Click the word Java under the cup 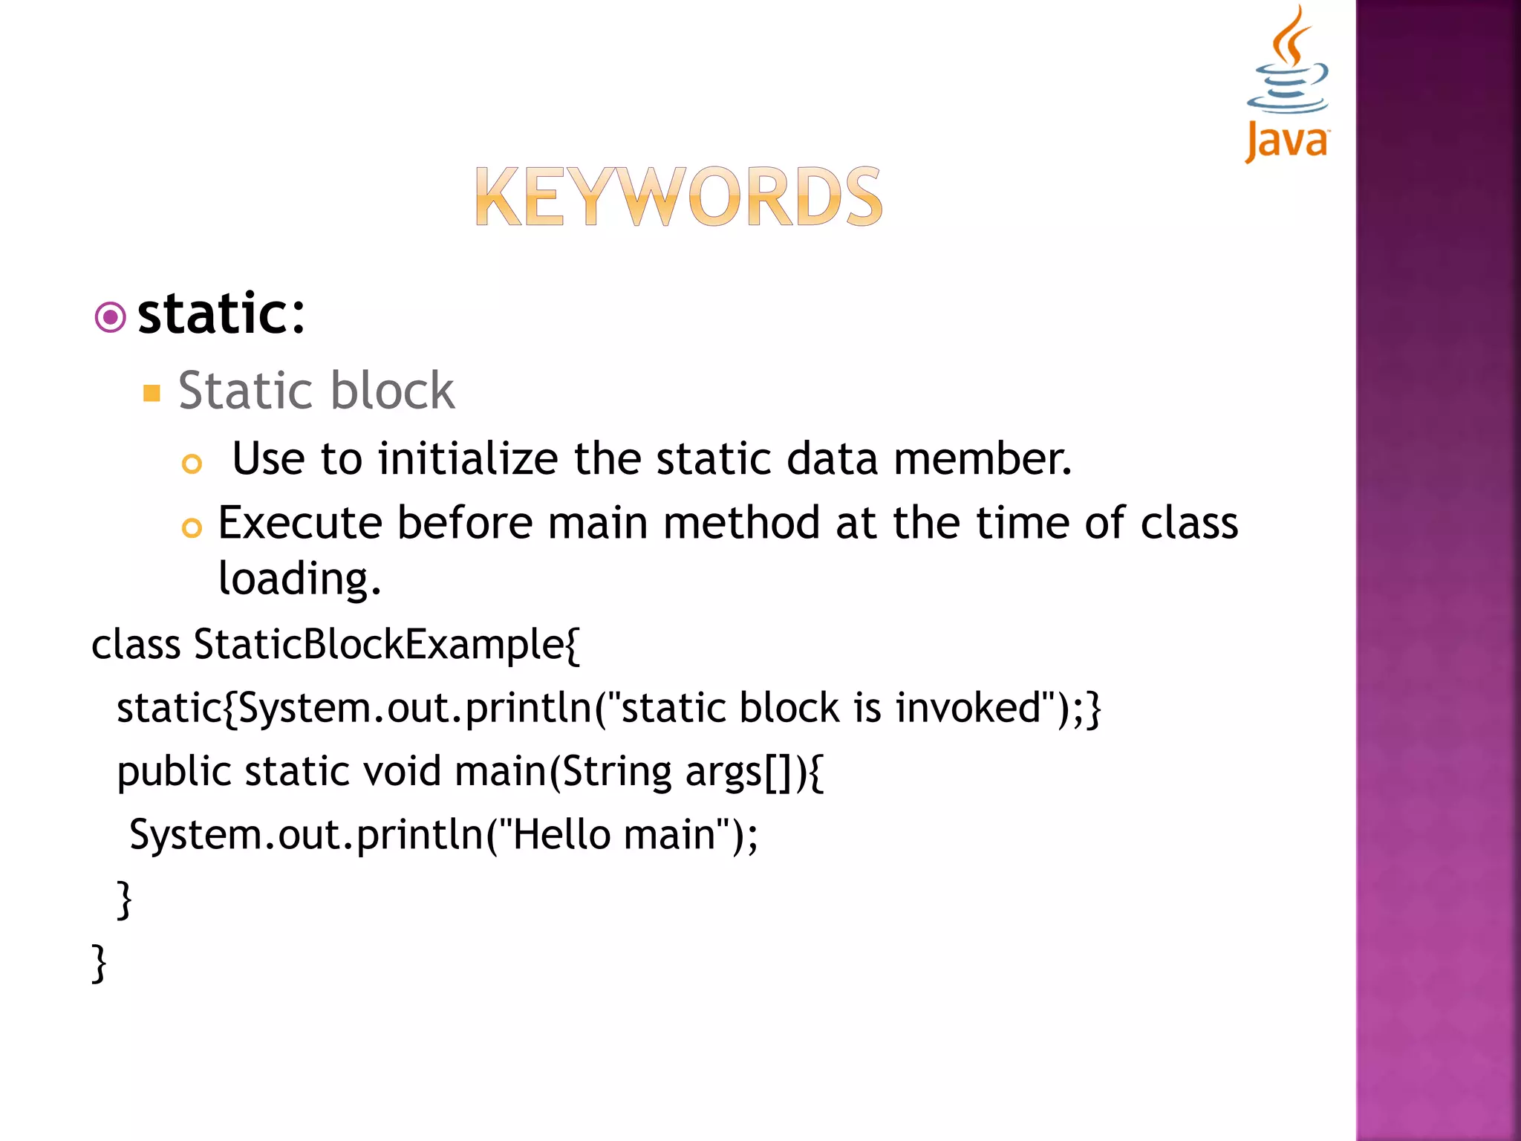point(1287,141)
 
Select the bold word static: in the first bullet point(221,315)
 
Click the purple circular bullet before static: point(111,318)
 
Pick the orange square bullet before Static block point(152,393)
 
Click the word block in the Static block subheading point(392,391)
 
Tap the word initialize point(468,458)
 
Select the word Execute point(301,523)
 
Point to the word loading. point(299,579)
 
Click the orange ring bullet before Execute point(192,528)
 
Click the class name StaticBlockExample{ point(386,645)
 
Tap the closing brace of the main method point(124,900)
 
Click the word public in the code point(175,773)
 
